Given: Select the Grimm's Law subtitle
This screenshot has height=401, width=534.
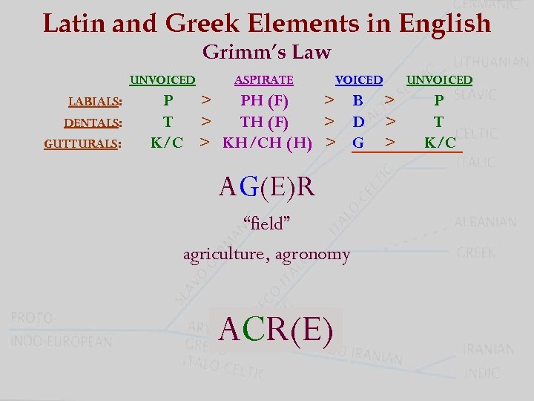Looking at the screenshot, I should tap(266, 53).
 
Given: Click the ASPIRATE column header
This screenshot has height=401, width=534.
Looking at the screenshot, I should tap(263, 79).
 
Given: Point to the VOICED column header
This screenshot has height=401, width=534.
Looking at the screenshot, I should tap(359, 79).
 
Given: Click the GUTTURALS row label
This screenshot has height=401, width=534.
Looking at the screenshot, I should tap(82, 143).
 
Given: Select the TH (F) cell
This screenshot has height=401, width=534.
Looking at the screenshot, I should tap(264, 121).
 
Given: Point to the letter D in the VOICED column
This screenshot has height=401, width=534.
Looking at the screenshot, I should tap(358, 121).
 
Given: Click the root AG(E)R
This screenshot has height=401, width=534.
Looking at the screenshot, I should tap(267, 187).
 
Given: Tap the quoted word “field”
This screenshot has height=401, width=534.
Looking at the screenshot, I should tap(266, 222).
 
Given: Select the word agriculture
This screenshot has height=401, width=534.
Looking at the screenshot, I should tap(223, 255).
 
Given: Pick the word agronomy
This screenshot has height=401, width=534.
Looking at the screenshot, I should tap(312, 255).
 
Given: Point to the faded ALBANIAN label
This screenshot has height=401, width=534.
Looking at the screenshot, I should tap(486, 221).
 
